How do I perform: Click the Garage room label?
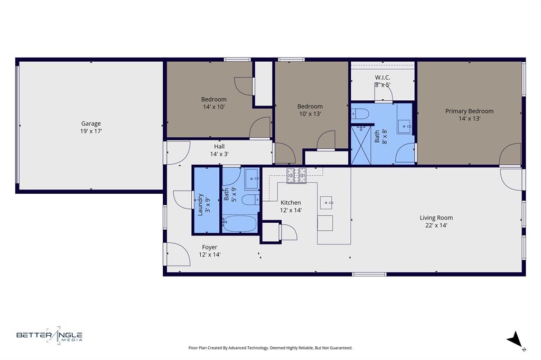[x=91, y=127]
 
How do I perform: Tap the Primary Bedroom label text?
[x=469, y=115]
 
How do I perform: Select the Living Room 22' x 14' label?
[x=436, y=221]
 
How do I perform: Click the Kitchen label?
[x=291, y=206]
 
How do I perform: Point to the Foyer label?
[x=209, y=251]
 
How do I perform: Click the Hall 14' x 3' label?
[x=219, y=150]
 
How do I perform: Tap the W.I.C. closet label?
[x=383, y=81]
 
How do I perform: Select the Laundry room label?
[x=204, y=201]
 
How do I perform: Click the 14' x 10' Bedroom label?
[x=213, y=103]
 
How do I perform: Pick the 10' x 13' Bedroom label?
[x=310, y=110]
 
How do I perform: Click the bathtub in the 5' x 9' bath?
[x=239, y=223]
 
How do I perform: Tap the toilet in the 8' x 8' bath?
[x=361, y=113]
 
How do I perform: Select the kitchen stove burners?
[x=297, y=175]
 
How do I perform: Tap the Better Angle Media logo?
[x=49, y=335]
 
